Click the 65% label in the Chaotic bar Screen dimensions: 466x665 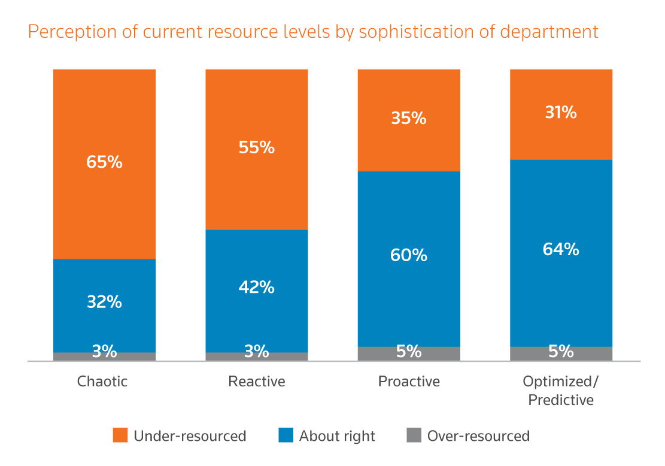104,162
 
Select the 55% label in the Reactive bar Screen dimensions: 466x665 256,147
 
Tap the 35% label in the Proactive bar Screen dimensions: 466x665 409,118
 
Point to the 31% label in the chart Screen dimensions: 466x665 561,112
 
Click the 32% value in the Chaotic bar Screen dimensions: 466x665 104,302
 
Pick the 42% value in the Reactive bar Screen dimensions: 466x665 256,288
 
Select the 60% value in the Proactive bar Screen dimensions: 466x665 409,255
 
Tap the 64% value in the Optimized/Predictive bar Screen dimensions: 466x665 561,249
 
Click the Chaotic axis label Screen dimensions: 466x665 102,382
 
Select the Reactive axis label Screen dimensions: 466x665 257,382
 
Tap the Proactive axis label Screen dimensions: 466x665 409,382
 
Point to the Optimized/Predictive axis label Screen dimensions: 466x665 561,391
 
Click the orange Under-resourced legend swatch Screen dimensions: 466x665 120,435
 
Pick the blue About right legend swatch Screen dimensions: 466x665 286,435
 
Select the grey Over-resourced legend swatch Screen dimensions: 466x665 414,435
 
